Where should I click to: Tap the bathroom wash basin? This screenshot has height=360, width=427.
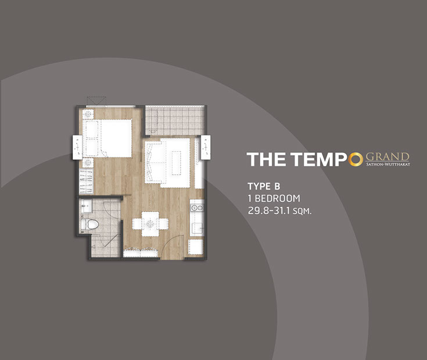pyautogui.click(x=87, y=205)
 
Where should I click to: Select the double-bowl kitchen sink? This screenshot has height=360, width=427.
pyautogui.click(x=197, y=208)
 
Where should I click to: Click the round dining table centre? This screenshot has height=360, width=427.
pyautogui.click(x=150, y=224)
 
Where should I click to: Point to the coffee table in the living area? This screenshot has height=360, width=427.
pyautogui.click(x=176, y=163)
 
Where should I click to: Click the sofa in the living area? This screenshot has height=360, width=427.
pyautogui.click(x=152, y=162)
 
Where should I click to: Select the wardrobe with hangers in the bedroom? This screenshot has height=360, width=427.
pyautogui.click(x=86, y=181)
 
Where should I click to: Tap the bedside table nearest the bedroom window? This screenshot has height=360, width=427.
pyautogui.click(x=88, y=114)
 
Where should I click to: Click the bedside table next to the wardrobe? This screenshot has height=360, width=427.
pyautogui.click(x=88, y=163)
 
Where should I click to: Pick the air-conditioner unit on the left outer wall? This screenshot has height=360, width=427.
pyautogui.click(x=77, y=148)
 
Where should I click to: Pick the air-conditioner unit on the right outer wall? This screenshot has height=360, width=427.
pyautogui.click(x=206, y=148)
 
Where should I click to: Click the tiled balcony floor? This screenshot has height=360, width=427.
pyautogui.click(x=174, y=120)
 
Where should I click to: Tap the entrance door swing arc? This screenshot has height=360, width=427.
pyautogui.click(x=169, y=244)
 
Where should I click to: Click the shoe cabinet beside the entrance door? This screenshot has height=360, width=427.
pyautogui.click(x=141, y=253)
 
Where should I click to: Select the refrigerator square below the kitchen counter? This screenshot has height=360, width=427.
pyautogui.click(x=196, y=247)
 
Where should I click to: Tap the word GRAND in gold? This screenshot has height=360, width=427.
pyautogui.click(x=387, y=156)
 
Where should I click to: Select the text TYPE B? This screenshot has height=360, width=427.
pyautogui.click(x=264, y=187)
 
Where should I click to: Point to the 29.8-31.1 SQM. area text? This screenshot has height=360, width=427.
pyautogui.click(x=279, y=211)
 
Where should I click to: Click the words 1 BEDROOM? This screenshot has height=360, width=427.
pyautogui.click(x=274, y=198)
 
